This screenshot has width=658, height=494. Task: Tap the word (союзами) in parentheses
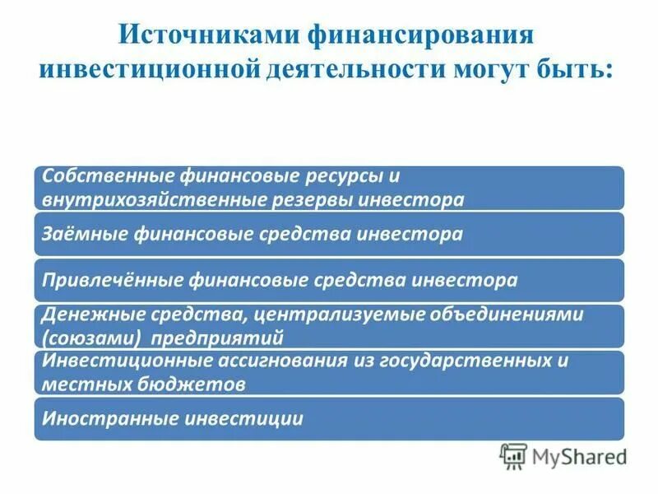(79, 338)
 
